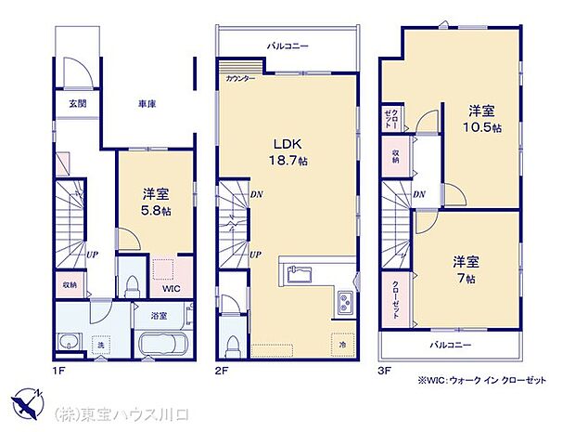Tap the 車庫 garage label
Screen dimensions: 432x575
pos(147,104)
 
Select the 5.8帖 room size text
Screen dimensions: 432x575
pos(154,211)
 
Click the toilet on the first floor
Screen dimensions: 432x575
pos(130,281)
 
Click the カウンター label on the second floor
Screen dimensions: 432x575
pos(241,80)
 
